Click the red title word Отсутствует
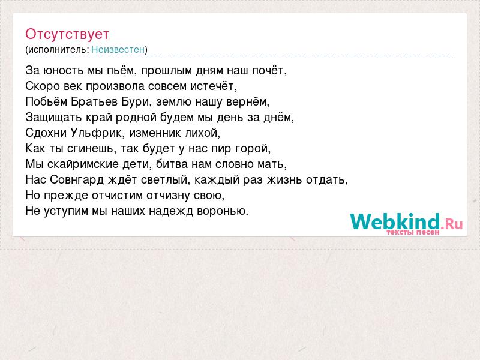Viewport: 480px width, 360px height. click(x=67, y=34)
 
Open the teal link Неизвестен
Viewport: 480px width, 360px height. click(x=118, y=49)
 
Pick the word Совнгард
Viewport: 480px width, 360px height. click(x=77, y=179)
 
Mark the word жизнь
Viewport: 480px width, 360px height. click(x=284, y=179)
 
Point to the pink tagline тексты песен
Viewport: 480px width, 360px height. click(x=413, y=232)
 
